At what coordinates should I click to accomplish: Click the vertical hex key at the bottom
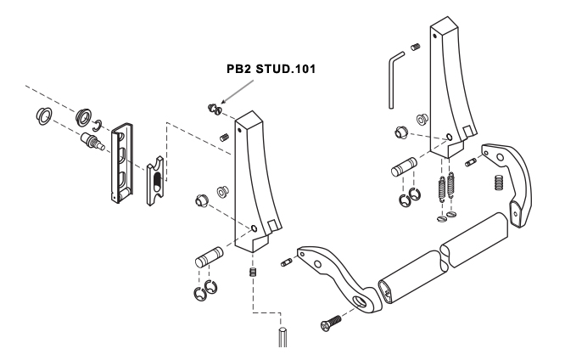(x=282, y=336)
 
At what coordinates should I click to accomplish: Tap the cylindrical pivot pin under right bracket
(x=401, y=166)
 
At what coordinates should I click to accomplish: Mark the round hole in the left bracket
(x=254, y=229)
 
